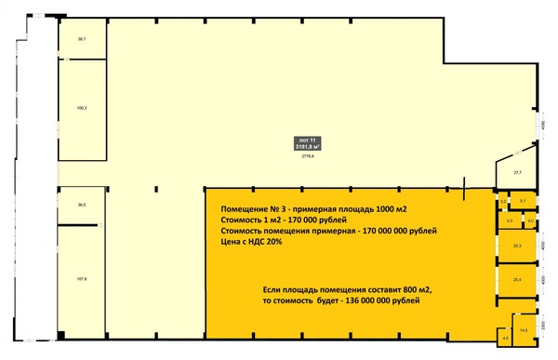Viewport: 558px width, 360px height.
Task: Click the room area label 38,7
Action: click(82, 39)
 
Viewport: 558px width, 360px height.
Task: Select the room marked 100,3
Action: click(82, 109)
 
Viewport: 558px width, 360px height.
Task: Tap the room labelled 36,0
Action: click(82, 204)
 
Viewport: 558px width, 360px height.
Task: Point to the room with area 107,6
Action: click(82, 278)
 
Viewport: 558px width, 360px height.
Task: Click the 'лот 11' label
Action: click(307, 138)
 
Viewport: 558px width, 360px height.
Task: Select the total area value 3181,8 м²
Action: click(308, 146)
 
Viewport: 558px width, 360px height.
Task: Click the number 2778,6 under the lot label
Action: click(308, 155)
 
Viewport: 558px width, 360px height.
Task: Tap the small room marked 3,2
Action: click(503, 201)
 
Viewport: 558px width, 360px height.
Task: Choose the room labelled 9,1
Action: click(523, 201)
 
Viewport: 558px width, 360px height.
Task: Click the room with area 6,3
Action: click(510, 221)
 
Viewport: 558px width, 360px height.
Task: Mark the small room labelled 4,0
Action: click(529, 221)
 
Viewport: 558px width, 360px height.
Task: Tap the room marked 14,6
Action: click(524, 330)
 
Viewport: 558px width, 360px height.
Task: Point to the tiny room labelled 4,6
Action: click(505, 339)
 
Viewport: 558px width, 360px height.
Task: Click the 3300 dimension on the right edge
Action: click(544, 325)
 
